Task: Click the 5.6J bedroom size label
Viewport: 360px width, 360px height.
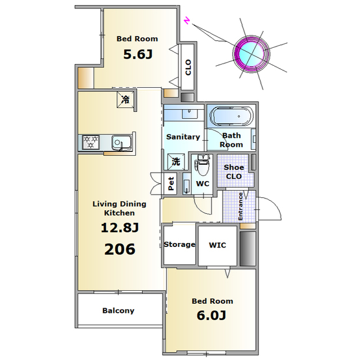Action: [x=138, y=55]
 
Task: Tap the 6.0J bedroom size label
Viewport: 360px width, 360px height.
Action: [x=211, y=315]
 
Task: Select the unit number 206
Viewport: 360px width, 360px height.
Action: [x=120, y=249]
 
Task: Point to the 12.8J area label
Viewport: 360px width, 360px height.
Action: [x=120, y=228]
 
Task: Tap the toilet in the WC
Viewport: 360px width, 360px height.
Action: [x=202, y=165]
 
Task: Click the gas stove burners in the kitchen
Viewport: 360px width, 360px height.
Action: [x=91, y=142]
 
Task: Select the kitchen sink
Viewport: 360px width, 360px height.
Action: [x=121, y=142]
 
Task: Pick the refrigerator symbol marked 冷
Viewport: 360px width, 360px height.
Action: [x=125, y=100]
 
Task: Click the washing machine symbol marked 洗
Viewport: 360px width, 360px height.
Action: [x=176, y=161]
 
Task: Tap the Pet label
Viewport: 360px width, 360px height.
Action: [x=171, y=184]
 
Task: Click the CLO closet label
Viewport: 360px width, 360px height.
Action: [x=188, y=67]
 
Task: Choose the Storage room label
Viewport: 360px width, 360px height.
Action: [x=179, y=245]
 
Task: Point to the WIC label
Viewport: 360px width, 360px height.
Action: [x=218, y=245]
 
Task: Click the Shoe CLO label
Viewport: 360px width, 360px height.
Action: [x=234, y=172]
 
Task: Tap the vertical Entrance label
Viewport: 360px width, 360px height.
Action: [x=240, y=206]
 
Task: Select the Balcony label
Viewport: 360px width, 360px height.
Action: [x=118, y=310]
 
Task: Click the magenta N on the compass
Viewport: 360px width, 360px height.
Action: [x=187, y=21]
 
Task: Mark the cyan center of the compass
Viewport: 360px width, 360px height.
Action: [x=251, y=55]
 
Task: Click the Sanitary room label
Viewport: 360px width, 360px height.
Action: [x=183, y=137]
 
